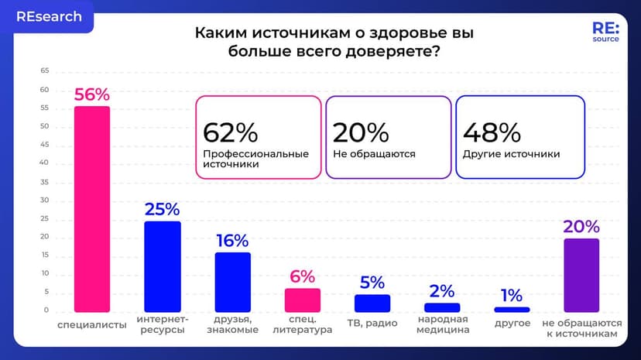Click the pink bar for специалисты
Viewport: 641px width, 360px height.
tap(91, 209)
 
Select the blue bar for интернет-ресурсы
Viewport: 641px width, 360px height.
tap(163, 266)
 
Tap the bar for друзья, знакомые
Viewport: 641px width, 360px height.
tap(232, 283)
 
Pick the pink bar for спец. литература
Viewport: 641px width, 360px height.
tap(302, 300)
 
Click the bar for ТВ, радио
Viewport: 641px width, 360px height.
tap(372, 303)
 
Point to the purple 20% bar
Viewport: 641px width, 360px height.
tap(581, 275)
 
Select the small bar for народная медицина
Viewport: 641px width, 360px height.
tap(442, 307)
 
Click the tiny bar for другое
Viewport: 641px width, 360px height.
tap(512, 310)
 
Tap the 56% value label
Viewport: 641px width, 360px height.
tap(91, 94)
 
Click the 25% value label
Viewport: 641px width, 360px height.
tap(163, 209)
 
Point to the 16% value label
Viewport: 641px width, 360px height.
tap(232, 241)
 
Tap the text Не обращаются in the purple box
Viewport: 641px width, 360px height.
tap(374, 154)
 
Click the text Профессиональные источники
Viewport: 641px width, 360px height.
tap(255, 159)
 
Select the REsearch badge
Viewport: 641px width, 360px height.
tap(49, 17)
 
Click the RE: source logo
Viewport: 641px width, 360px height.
tap(605, 31)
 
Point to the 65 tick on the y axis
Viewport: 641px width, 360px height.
tap(45, 70)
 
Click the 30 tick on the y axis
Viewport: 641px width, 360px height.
tap(45, 200)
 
